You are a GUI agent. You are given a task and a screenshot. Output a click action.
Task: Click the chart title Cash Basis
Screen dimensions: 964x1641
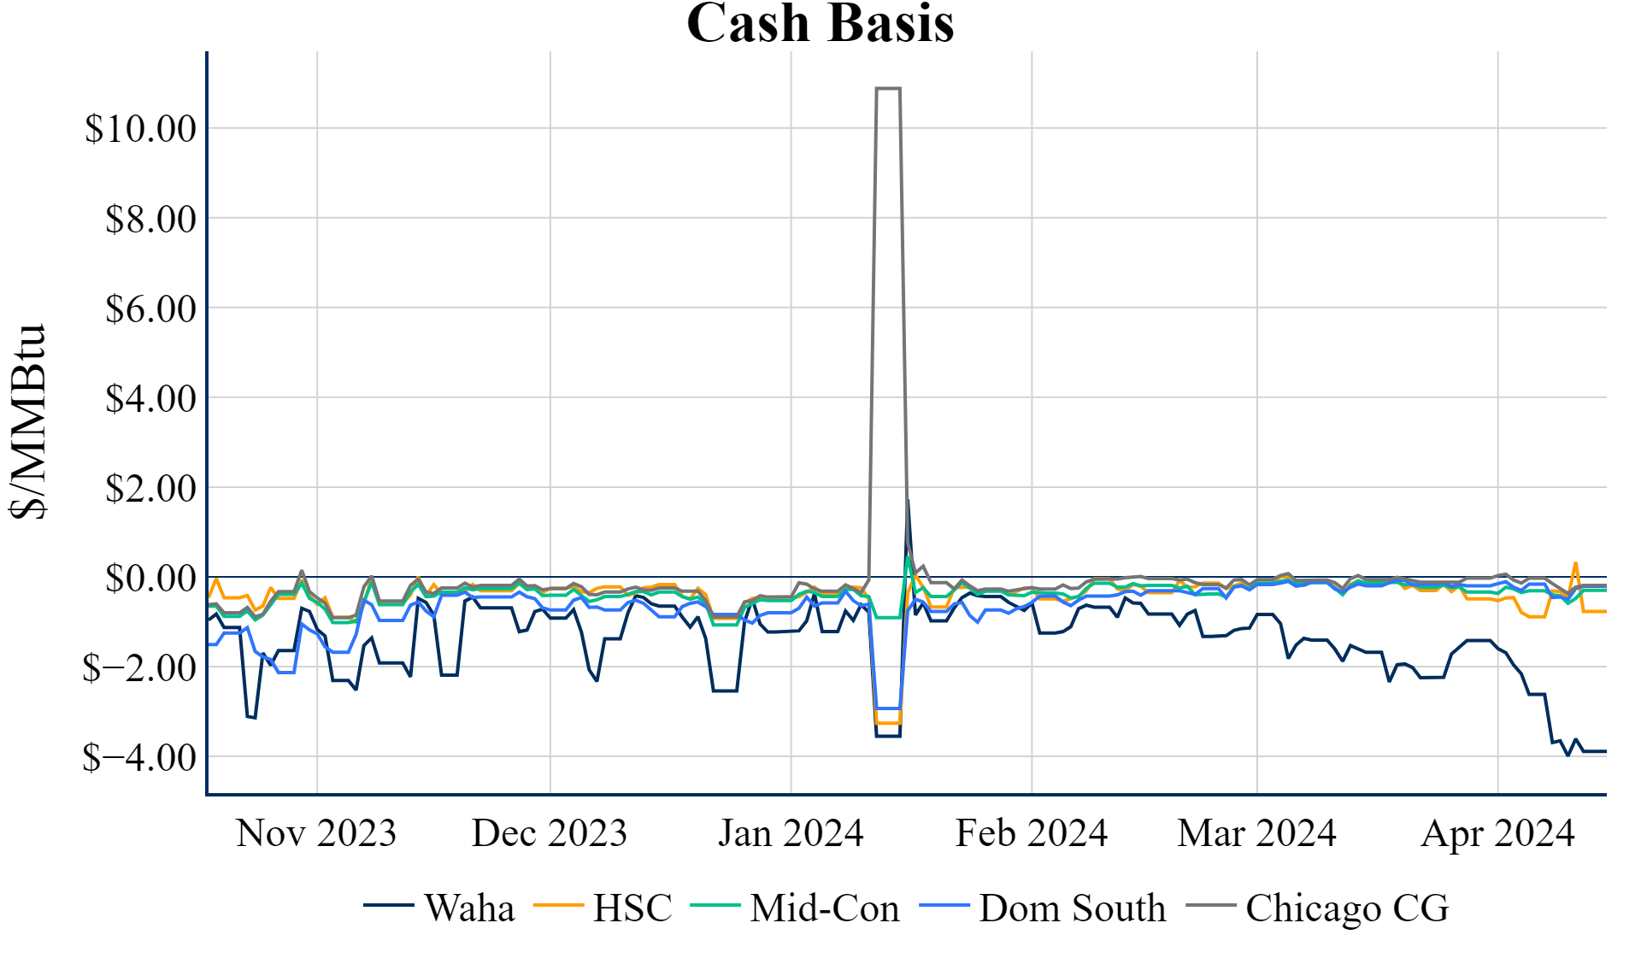[x=820, y=23]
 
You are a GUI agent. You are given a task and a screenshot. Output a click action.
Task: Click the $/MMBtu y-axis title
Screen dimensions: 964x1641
[x=28, y=421]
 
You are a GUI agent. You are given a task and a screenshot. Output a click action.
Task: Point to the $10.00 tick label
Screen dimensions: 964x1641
[x=140, y=128]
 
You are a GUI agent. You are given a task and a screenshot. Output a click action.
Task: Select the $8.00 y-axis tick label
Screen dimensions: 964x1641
[x=150, y=219]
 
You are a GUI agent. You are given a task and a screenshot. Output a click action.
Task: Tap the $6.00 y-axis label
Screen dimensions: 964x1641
[x=150, y=309]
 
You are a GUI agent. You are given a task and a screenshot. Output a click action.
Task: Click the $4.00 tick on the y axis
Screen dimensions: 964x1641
[x=150, y=398]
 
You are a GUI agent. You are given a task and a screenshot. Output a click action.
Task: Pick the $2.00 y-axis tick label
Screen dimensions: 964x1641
[x=150, y=488]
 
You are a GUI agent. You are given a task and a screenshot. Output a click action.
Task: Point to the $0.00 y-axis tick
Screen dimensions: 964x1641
[x=150, y=578]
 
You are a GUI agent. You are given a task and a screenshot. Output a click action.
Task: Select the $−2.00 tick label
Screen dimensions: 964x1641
[x=139, y=667]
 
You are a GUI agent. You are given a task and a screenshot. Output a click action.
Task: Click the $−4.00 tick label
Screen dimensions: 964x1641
[x=139, y=757]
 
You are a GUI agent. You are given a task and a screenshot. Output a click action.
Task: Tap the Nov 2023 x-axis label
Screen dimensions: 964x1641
[x=316, y=833]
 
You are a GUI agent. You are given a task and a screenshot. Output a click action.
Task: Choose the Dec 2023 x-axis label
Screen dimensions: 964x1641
[x=550, y=833]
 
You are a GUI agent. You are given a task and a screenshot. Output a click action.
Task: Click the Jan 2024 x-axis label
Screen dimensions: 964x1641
[x=791, y=833]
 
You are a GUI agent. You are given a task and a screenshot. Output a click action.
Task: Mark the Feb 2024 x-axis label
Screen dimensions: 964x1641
[x=1032, y=833]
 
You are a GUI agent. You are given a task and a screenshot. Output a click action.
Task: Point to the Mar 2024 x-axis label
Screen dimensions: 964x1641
[x=1256, y=833]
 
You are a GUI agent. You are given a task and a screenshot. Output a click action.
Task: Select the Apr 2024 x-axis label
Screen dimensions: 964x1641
[x=1497, y=833]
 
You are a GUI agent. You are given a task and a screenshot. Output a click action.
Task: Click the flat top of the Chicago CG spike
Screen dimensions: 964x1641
[x=888, y=88]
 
